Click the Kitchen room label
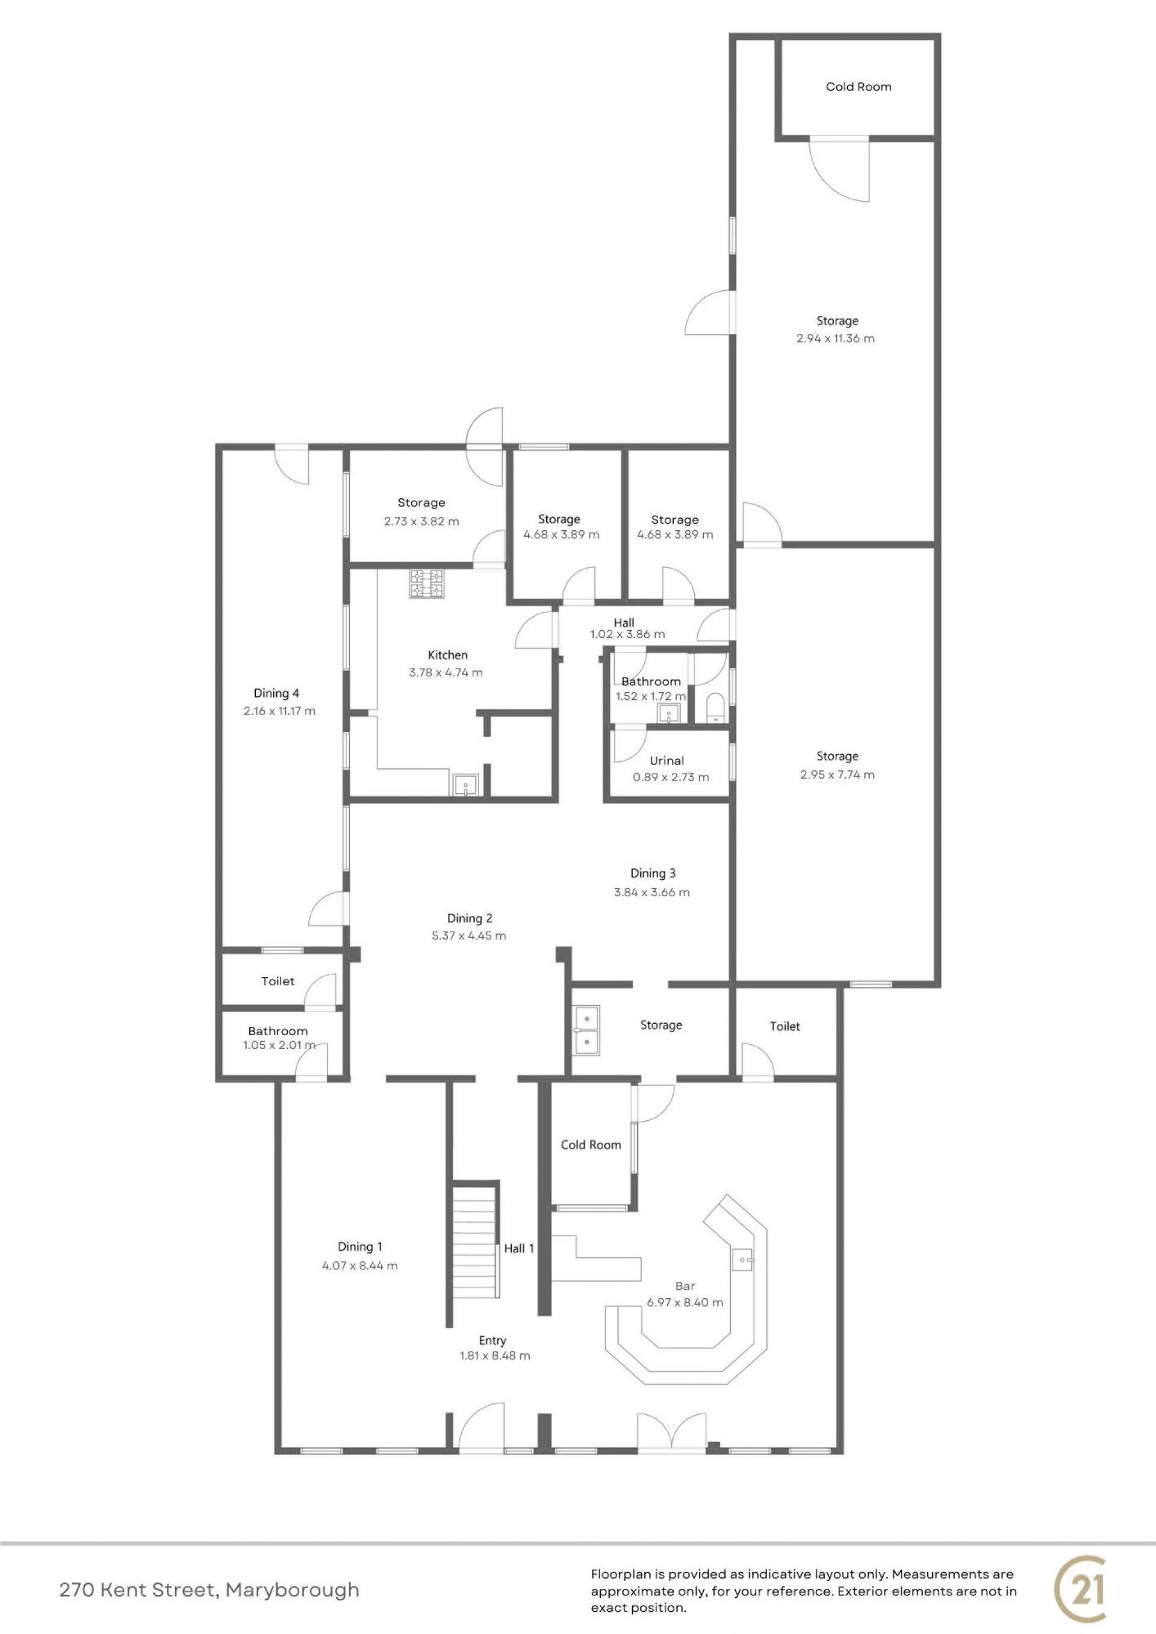(448, 655)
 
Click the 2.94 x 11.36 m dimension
(836, 339)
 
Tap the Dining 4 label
(276, 693)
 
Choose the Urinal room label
(667, 761)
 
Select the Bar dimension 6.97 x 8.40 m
(685, 1302)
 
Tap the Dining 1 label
(360, 1246)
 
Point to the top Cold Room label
(859, 87)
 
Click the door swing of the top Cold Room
(841, 171)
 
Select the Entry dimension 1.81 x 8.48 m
(495, 1356)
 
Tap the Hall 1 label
(519, 1248)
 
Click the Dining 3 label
(653, 873)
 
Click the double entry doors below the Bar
(673, 1431)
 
